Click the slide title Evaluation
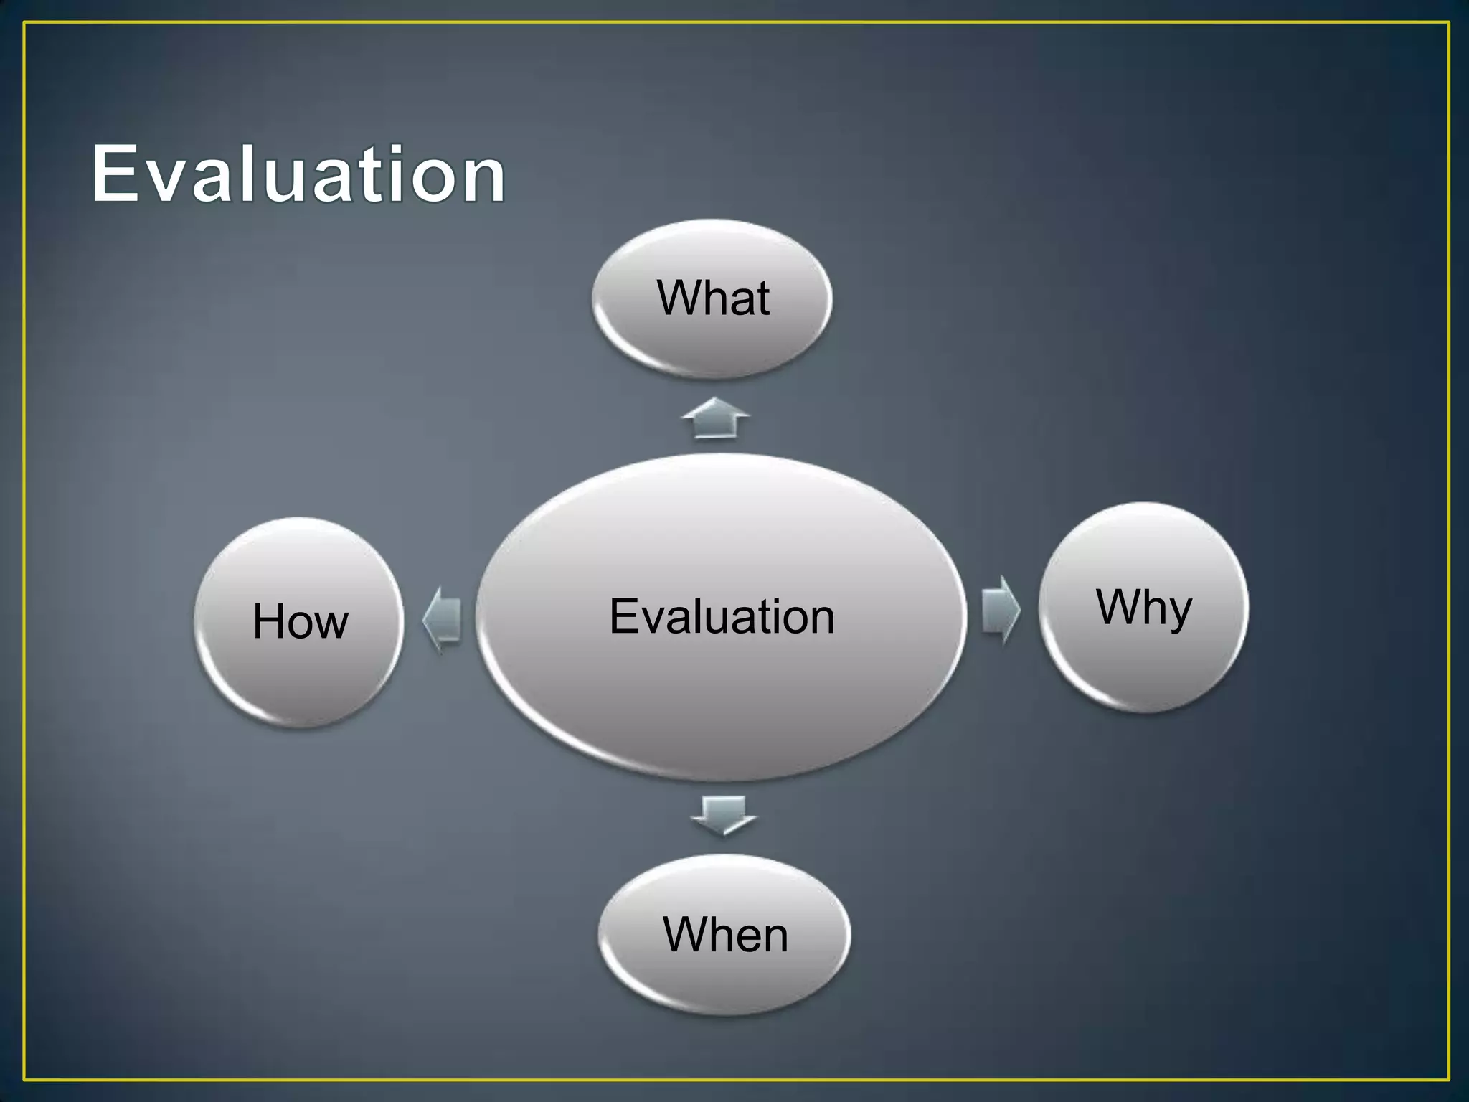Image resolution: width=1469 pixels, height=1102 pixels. (298, 174)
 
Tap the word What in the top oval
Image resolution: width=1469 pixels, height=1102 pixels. (713, 298)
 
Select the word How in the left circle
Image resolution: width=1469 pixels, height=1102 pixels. (301, 621)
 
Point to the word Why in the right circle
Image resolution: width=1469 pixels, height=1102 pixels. (1143, 608)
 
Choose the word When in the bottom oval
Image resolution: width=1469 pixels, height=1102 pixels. (725, 935)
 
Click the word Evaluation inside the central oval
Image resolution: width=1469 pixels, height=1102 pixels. (722, 616)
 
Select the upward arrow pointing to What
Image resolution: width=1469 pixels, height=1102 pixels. (716, 418)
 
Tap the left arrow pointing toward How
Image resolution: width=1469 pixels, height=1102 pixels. (442, 618)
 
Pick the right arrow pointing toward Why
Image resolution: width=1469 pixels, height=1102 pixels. (1000, 610)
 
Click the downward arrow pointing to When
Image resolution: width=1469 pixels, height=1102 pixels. (723, 815)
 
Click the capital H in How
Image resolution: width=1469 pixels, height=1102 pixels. (269, 621)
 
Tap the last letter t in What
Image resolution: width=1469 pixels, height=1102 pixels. (762, 300)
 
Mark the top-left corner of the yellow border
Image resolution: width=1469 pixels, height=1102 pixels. (24, 23)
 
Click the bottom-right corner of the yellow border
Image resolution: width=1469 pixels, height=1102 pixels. (1448, 1079)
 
